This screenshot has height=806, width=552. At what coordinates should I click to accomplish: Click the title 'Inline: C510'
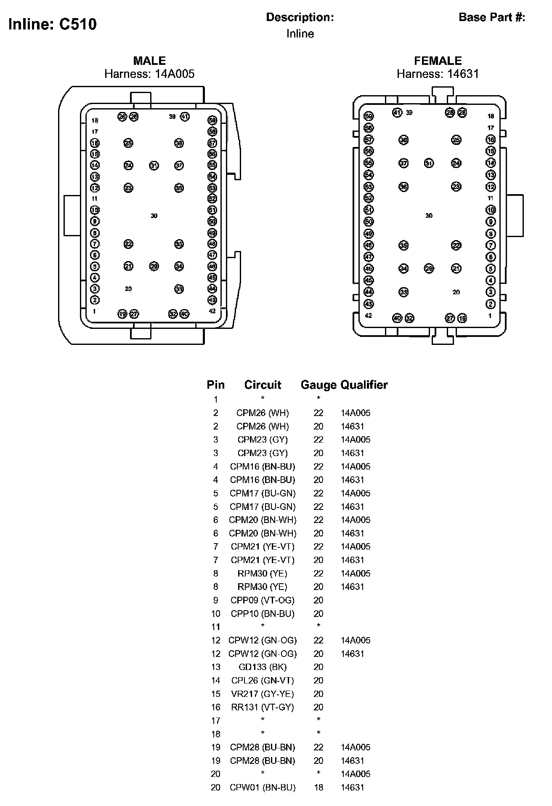click(x=53, y=24)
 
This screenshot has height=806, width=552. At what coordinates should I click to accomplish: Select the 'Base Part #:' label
click(x=492, y=17)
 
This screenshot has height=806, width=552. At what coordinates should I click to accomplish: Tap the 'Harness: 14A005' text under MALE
click(x=149, y=74)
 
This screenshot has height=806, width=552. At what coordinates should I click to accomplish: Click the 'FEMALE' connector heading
click(x=438, y=61)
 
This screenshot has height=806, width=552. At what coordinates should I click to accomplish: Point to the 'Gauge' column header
click(x=318, y=384)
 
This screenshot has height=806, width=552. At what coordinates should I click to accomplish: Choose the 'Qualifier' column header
click(x=364, y=384)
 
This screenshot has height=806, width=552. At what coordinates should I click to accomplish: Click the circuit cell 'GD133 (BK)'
click(x=263, y=667)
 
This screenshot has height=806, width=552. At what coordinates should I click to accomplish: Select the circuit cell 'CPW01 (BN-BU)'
click(x=263, y=787)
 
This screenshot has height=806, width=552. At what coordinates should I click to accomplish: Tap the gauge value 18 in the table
click(x=318, y=787)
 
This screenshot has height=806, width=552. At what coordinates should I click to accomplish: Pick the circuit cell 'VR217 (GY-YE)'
click(x=263, y=694)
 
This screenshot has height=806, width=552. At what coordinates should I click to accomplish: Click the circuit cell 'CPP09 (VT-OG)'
click(x=263, y=600)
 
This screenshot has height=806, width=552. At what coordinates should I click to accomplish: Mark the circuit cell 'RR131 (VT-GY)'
click(x=263, y=707)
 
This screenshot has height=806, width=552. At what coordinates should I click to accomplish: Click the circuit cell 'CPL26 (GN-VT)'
click(x=263, y=681)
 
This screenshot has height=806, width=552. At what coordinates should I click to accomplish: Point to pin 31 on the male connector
click(x=154, y=165)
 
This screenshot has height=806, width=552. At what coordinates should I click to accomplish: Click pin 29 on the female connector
click(x=429, y=268)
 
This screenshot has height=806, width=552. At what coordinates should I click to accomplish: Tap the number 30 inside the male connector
click(x=154, y=216)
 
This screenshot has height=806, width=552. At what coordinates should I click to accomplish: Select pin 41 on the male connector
click(x=185, y=117)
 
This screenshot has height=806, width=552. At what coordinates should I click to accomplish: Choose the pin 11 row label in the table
click(x=216, y=627)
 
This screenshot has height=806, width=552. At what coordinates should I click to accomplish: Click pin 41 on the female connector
click(x=397, y=112)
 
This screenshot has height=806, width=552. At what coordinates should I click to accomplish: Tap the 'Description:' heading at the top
click(x=300, y=17)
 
